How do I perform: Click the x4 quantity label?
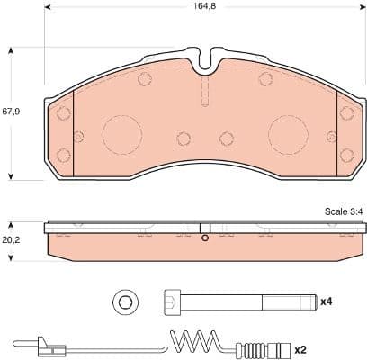tap(327, 301)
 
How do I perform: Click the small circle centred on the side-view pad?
tap(205, 238)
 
